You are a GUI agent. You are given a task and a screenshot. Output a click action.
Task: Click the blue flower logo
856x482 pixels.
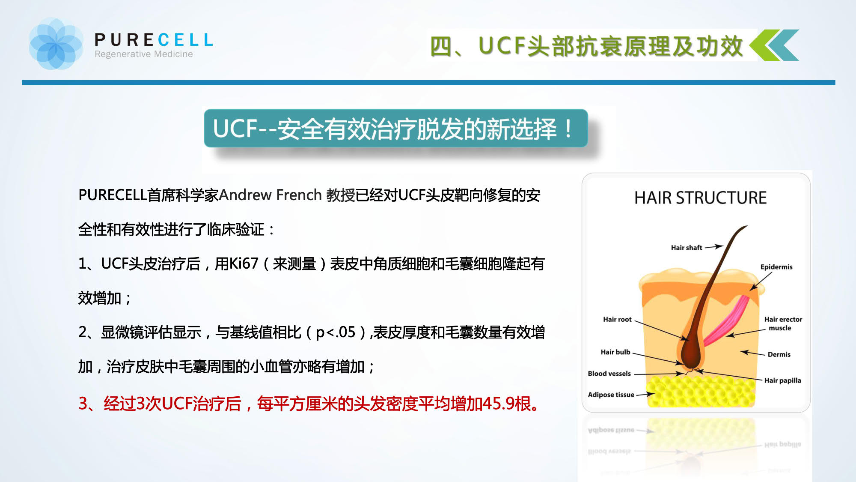point(56,44)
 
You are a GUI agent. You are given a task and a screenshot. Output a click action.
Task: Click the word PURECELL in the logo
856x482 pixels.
point(154,40)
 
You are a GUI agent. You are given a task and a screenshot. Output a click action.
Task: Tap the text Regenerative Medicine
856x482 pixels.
point(144,54)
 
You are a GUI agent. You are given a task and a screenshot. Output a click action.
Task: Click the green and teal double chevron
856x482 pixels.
point(774,45)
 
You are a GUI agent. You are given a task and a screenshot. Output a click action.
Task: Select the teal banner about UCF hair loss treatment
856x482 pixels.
point(395,128)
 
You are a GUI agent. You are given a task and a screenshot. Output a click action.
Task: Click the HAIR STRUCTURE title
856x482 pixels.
point(700,198)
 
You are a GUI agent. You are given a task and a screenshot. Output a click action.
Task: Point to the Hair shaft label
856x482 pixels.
point(687,247)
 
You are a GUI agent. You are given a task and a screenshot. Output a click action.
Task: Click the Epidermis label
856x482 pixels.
point(776,266)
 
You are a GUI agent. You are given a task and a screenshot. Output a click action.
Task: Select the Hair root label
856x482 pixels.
point(617,319)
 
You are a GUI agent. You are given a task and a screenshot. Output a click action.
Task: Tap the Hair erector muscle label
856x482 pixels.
point(783,323)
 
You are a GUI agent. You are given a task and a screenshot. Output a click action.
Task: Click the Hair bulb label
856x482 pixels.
point(615,352)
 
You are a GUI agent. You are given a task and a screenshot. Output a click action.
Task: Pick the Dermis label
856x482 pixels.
point(779,354)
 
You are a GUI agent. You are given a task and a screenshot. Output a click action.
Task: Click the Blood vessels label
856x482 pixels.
point(609,373)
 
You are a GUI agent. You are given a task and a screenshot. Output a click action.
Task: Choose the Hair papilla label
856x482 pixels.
point(782,380)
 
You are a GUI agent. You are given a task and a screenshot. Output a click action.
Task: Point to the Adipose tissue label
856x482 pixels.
point(611,395)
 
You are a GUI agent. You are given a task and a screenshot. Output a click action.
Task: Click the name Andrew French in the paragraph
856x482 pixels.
point(270,195)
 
